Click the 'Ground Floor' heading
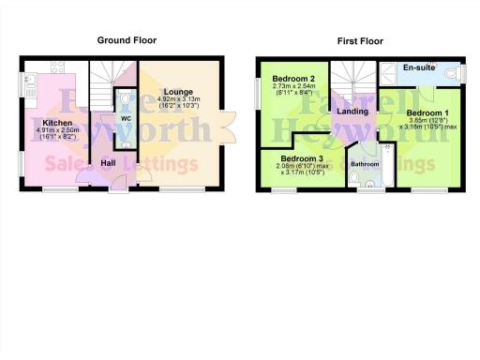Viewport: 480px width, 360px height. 127,40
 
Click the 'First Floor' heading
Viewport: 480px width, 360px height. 361,40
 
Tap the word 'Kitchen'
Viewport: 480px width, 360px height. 57,123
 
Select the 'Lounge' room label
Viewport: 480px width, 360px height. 181,91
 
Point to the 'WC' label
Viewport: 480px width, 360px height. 126,118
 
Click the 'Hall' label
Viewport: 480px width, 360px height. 108,162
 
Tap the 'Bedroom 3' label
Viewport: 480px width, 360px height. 299,159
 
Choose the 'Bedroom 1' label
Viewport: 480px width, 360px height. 426,113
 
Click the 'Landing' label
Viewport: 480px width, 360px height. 352,112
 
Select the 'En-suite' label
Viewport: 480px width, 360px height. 418,68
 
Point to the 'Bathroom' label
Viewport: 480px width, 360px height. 365,164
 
